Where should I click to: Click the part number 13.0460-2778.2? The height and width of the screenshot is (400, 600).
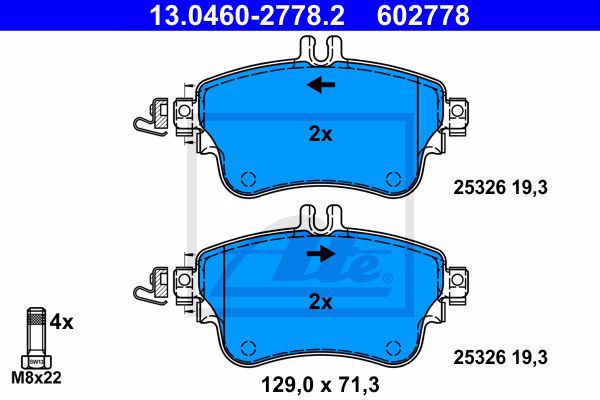[247, 15]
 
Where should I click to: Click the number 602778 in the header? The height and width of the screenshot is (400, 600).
[423, 15]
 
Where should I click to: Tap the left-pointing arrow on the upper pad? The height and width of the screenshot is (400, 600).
[321, 85]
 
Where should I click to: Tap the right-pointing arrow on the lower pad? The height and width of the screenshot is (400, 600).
[321, 253]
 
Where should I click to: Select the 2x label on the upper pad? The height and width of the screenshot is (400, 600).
[320, 134]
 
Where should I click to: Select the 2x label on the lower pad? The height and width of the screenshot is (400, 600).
[320, 302]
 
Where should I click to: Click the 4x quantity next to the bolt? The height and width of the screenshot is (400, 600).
[61, 322]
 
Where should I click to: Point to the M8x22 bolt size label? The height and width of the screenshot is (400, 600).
[36, 378]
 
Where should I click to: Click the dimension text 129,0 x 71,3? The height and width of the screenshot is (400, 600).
[320, 384]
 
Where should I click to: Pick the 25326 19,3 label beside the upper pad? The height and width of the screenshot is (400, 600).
[501, 188]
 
